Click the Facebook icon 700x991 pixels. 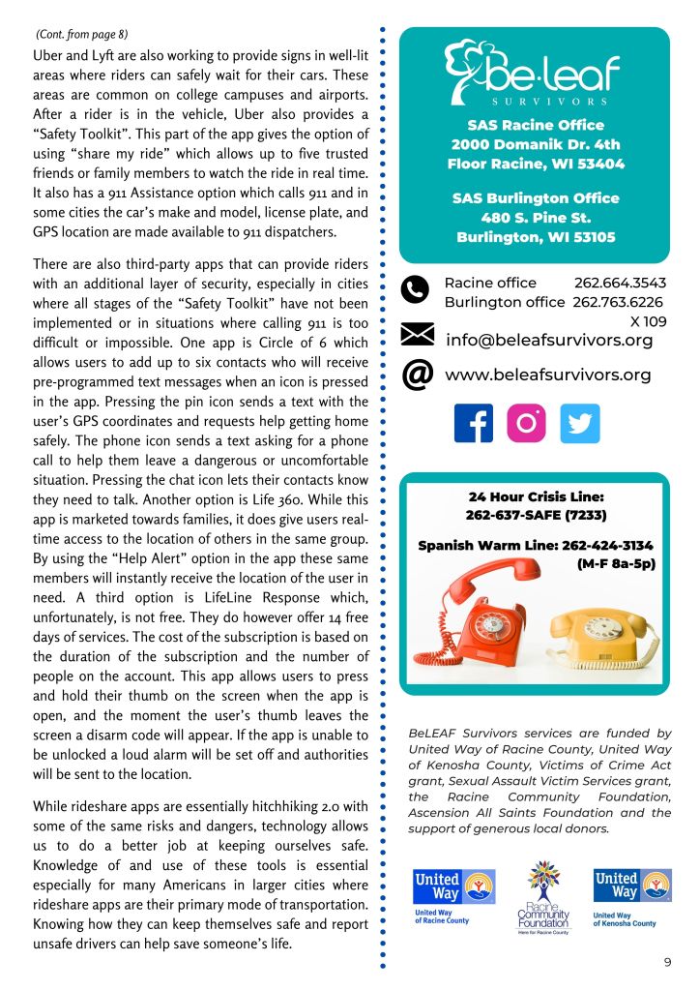tap(473, 423)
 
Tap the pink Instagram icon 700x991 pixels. tap(526, 423)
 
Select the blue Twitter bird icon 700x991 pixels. tap(580, 423)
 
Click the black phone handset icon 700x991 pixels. tap(416, 290)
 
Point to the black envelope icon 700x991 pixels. tap(417, 336)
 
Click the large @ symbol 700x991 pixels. tap(417, 375)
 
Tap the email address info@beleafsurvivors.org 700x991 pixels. tap(549, 341)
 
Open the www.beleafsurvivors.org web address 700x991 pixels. tap(547, 375)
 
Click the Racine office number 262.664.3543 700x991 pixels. tap(619, 283)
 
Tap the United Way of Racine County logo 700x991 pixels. tap(453, 896)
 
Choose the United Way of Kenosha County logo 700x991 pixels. tap(631, 896)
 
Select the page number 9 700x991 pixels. tap(667, 962)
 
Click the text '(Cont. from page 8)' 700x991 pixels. tap(77, 35)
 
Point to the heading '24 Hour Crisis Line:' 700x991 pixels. tap(536, 497)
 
